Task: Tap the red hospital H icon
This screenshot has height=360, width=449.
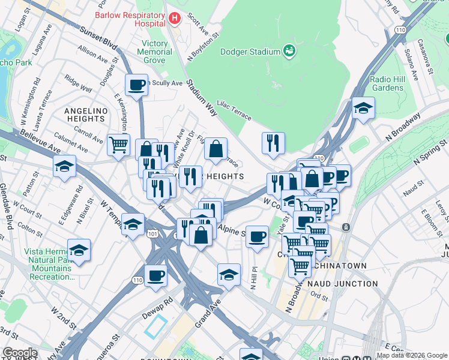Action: click(175, 19)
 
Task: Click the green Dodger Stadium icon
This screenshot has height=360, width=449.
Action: click(289, 50)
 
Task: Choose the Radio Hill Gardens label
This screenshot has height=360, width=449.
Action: click(388, 83)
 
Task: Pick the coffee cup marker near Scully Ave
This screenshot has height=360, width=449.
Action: click(136, 85)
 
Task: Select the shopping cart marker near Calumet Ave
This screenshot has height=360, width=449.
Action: click(119, 144)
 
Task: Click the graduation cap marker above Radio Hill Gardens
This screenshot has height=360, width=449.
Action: click(363, 108)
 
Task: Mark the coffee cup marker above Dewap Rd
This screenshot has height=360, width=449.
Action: click(155, 275)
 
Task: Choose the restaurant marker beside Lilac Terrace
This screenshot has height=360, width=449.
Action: click(273, 142)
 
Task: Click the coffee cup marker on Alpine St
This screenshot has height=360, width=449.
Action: click(258, 236)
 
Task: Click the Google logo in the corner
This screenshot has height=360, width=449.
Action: click(20, 353)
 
